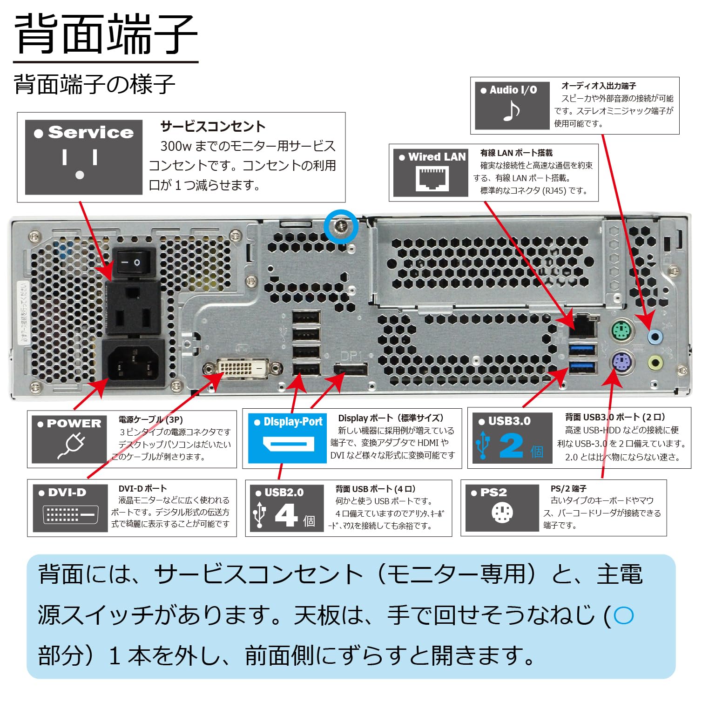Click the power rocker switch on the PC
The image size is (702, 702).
coord(134,263)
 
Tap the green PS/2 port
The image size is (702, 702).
coord(621,332)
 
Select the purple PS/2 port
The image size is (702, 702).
coord(621,361)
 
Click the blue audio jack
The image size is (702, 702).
coord(656,336)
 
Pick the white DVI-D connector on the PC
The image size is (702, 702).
coord(243,368)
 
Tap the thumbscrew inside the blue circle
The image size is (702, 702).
coord(341,226)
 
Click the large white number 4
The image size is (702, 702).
coord(286,515)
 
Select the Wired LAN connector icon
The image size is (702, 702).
coord(432,179)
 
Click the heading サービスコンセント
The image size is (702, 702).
coord(213,127)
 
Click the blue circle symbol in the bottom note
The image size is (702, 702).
coord(623,615)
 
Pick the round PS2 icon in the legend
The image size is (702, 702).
coord(502,513)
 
